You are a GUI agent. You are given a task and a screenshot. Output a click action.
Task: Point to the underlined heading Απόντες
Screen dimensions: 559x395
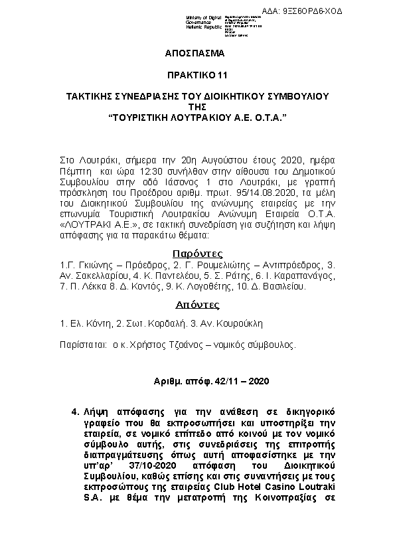click(x=197, y=305)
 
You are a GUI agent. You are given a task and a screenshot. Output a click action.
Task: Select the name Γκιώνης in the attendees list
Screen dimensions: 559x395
click(x=92, y=266)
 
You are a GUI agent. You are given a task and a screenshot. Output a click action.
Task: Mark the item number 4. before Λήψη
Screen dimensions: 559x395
click(x=74, y=412)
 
